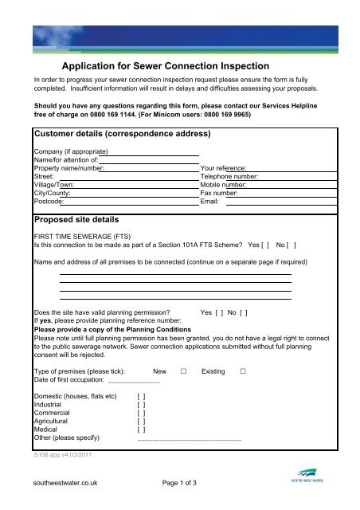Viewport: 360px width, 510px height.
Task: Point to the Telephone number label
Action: (x=229, y=177)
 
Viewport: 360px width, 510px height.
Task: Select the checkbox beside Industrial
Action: (x=141, y=405)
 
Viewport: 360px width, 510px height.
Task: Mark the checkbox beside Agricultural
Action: (x=141, y=422)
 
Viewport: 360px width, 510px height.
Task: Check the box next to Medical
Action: (x=141, y=431)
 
